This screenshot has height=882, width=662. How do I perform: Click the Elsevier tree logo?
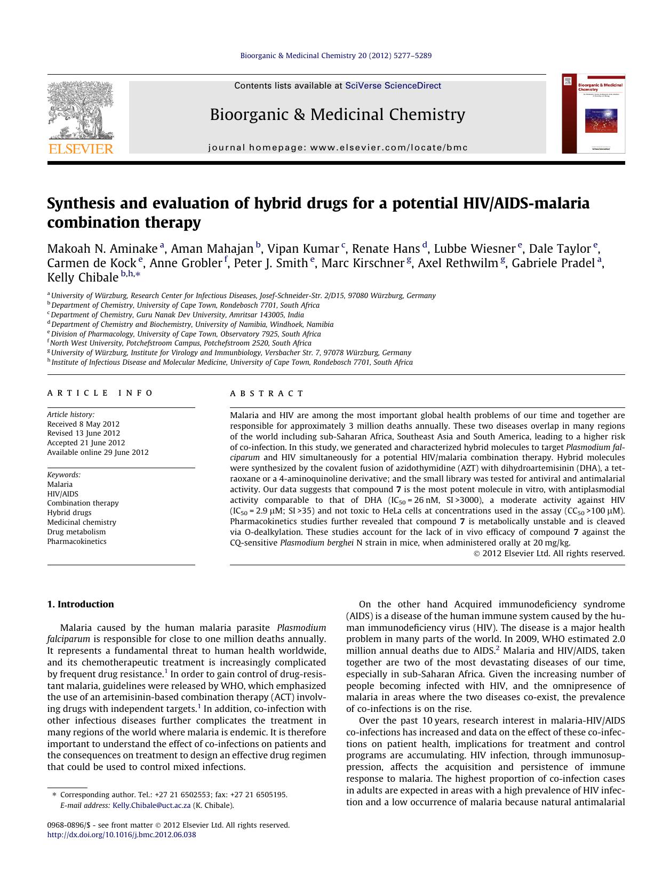(x=81, y=110)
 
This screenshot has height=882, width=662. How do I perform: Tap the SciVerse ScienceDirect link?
(x=393, y=85)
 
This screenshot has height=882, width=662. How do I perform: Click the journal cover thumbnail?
(x=593, y=114)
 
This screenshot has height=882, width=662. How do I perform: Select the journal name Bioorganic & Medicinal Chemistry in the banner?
(x=337, y=115)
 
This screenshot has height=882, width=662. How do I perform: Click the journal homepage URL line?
(x=337, y=148)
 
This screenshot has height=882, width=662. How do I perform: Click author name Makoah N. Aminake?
(x=102, y=249)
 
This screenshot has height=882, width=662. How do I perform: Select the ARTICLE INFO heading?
(x=100, y=393)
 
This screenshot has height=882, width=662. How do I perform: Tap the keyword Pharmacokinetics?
(x=77, y=541)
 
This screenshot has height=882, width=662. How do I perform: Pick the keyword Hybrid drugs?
(x=69, y=512)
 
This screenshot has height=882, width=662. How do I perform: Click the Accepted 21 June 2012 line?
(x=86, y=443)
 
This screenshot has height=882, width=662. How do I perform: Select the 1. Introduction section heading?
(x=81, y=604)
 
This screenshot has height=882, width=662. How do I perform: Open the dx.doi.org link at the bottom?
(x=122, y=835)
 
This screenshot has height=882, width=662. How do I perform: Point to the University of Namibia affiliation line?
(x=192, y=324)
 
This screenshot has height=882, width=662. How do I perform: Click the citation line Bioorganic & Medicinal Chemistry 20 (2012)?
(x=336, y=55)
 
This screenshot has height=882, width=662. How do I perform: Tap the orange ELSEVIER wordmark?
(x=81, y=149)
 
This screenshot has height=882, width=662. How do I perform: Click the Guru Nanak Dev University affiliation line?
(x=177, y=315)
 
